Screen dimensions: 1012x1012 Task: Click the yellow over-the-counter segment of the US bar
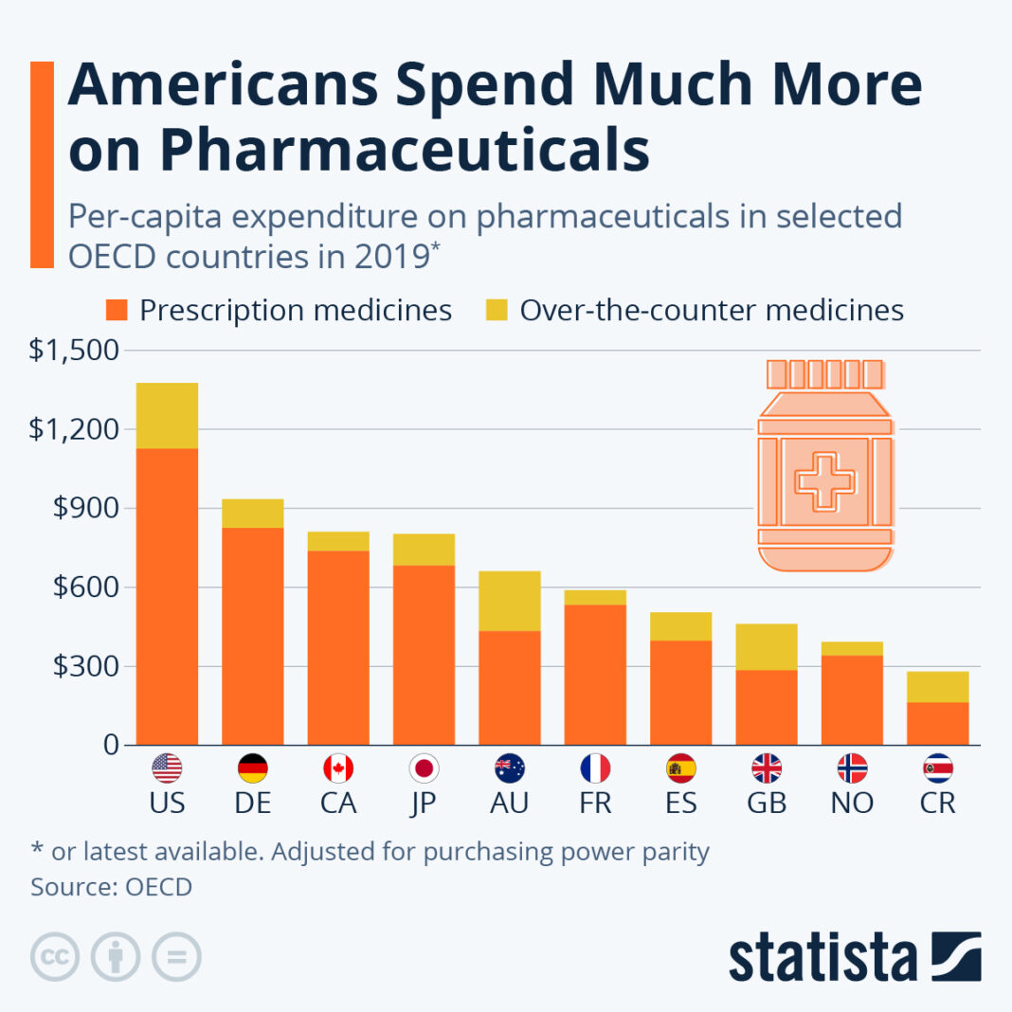coord(167,415)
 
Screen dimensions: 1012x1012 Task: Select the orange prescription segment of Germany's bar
coord(252,635)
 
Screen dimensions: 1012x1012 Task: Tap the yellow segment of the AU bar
coord(510,601)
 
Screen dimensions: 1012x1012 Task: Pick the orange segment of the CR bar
coord(938,723)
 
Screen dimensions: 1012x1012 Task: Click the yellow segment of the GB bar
coord(767,646)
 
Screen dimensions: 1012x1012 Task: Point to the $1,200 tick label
coord(74,429)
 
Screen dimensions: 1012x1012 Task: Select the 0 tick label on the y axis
coord(111,746)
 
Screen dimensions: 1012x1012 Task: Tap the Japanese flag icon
coord(424,768)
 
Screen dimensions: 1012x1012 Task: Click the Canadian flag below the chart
coord(338,768)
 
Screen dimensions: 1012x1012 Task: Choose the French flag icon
coord(595,768)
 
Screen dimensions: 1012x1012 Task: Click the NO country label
coord(852,804)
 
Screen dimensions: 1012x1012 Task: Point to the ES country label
coord(680,804)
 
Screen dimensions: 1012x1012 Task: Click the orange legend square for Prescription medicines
coord(117,310)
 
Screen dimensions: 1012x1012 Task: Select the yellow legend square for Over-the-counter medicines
coord(497,310)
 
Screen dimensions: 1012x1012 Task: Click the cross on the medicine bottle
coord(824,481)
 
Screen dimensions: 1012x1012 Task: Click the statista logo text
coord(822,957)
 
